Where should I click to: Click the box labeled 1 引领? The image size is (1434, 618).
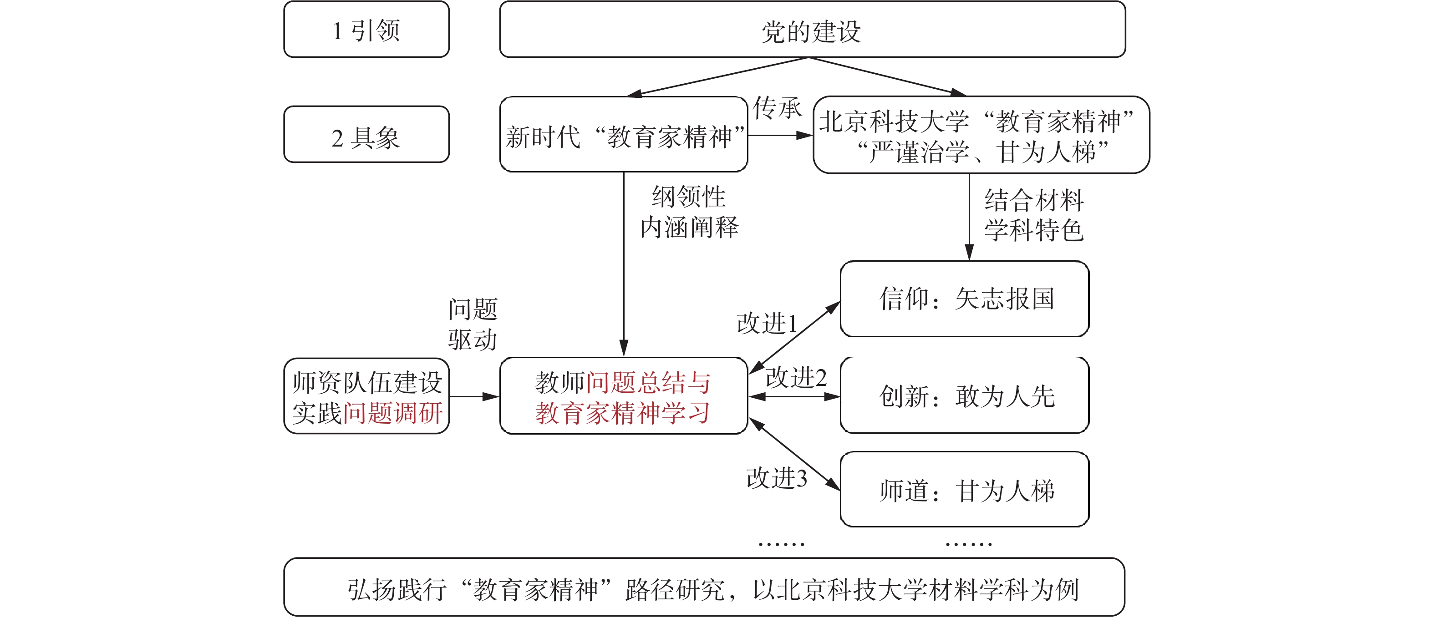coord(366,30)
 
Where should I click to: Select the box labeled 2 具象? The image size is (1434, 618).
coord(366,135)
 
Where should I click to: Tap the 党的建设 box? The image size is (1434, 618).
coord(812,30)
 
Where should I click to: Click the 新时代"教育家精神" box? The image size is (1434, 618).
coord(624,135)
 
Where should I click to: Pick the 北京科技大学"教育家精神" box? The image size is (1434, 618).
coord(981,135)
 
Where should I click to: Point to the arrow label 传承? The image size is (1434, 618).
coord(777,108)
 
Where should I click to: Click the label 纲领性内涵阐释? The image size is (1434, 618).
coord(689,212)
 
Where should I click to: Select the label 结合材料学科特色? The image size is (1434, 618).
coord(1034,215)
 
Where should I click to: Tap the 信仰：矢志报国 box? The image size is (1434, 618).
coord(964,299)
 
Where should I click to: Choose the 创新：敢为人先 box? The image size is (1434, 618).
coord(964,395)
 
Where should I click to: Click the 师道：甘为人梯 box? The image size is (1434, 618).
coord(964,490)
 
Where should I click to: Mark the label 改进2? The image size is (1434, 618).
coord(796,378)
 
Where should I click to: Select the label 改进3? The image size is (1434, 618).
coord(777,478)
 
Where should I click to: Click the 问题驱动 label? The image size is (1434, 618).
coord(473,324)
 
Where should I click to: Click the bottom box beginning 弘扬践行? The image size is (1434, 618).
coord(704,588)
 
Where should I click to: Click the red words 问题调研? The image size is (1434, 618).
coord(392,413)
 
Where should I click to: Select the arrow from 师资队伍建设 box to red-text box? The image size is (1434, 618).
coord(474,397)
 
